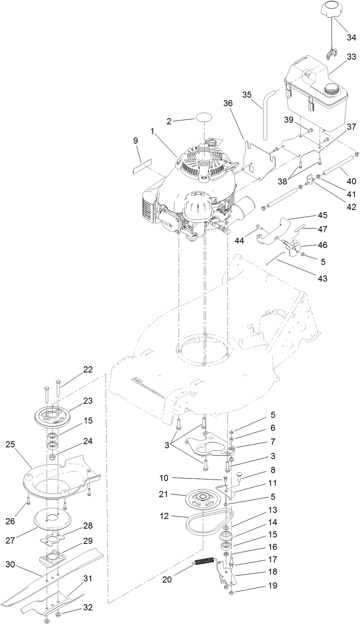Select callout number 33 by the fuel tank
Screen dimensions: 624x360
click(x=351, y=57)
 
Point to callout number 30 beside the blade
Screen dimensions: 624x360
click(x=10, y=565)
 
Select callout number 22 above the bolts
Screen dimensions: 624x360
click(x=88, y=370)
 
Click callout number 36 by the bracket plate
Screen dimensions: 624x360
click(x=228, y=103)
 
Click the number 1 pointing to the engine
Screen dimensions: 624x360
click(x=152, y=131)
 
